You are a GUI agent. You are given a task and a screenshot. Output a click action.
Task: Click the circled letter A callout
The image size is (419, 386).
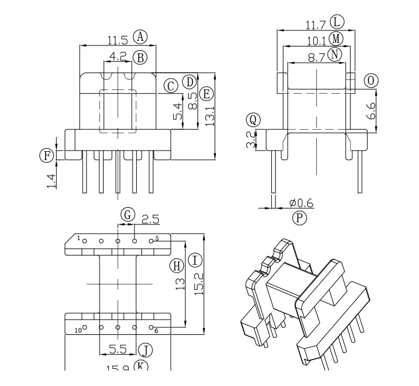(x=140, y=36)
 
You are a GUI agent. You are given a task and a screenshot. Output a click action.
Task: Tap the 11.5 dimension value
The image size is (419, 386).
(x=118, y=39)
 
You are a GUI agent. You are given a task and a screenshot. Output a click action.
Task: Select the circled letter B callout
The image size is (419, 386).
(x=139, y=58)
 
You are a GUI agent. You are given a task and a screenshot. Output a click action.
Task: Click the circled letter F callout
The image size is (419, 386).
(x=47, y=155)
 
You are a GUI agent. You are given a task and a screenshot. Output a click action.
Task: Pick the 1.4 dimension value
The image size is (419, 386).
(x=51, y=179)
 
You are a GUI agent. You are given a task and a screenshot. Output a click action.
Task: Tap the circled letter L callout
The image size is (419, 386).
(x=337, y=22)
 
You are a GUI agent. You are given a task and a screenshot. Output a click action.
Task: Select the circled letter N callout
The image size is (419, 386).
(x=334, y=54)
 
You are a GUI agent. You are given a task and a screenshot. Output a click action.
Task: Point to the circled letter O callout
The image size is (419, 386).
(x=371, y=80)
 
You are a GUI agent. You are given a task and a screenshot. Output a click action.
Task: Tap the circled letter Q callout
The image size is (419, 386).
(x=253, y=120)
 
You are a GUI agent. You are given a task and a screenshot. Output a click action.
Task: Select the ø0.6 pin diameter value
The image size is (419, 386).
(x=301, y=203)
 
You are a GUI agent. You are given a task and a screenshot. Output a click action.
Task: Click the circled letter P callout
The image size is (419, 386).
(x=299, y=218)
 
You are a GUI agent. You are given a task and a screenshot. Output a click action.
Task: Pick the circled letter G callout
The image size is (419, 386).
(x=127, y=214)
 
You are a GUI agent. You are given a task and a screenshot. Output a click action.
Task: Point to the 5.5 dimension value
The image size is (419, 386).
(x=119, y=348)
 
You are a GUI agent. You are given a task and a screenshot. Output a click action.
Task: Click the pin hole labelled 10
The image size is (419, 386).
(x=84, y=327)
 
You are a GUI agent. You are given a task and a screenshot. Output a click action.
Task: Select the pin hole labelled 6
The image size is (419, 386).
(x=151, y=327)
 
